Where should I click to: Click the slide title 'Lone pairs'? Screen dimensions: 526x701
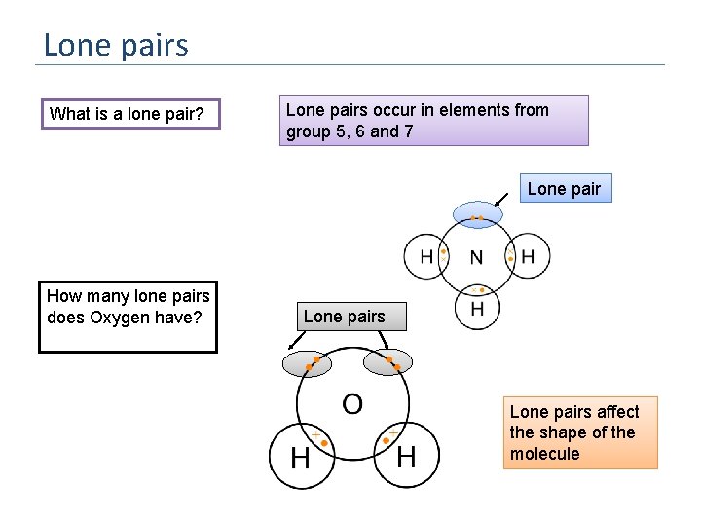click(x=116, y=45)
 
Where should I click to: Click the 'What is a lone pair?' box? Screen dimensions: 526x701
click(x=129, y=114)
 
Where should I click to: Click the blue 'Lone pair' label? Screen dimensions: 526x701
click(x=565, y=189)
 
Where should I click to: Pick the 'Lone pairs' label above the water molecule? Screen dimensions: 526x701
click(x=345, y=317)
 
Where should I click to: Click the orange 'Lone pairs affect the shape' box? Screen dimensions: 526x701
click(x=580, y=432)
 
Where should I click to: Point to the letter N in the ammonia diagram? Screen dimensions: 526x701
click(x=476, y=258)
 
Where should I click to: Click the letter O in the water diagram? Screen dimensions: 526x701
click(x=352, y=402)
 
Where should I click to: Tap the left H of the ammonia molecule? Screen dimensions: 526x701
click(x=426, y=257)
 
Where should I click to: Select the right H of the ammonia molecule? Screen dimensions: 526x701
click(x=528, y=257)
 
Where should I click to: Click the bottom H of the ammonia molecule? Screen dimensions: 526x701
click(x=477, y=308)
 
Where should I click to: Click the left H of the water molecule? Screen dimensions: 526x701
click(x=300, y=456)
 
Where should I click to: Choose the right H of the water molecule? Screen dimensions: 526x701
click(x=406, y=455)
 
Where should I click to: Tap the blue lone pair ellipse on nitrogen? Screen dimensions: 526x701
click(x=477, y=214)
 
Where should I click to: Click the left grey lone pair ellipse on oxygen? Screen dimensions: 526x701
click(x=308, y=363)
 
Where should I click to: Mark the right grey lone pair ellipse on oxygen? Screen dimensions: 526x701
click(x=387, y=362)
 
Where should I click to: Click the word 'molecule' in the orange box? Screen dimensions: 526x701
click(x=544, y=454)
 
